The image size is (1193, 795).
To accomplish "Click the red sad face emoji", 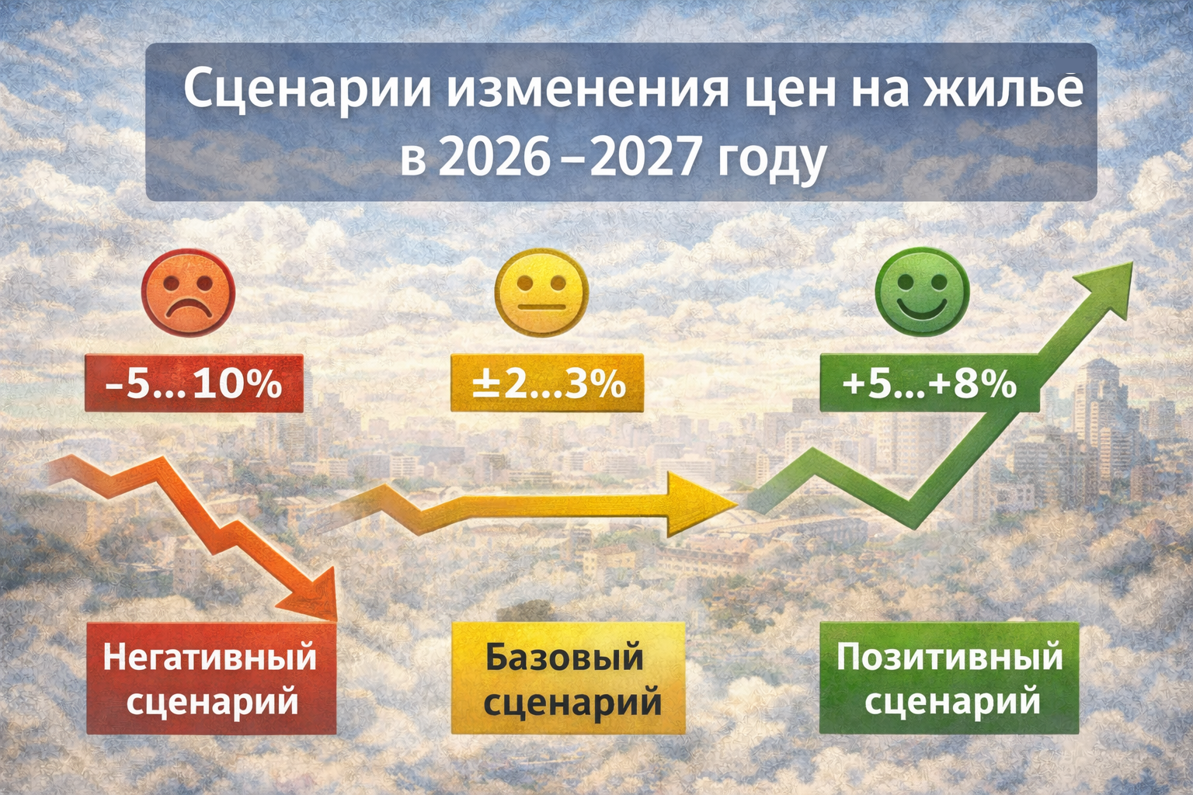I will pyautogui.click(x=187, y=293).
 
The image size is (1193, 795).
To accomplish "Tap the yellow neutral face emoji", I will pyautogui.click(x=541, y=297).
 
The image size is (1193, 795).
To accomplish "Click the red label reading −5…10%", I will pyautogui.click(x=193, y=384).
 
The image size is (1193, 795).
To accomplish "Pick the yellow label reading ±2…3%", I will pyautogui.click(x=548, y=383).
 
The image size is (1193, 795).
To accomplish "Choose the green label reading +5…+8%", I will pyautogui.click(x=929, y=384).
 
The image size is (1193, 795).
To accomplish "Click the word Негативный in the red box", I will pyautogui.click(x=210, y=657).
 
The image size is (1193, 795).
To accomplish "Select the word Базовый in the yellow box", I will pyautogui.click(x=565, y=657).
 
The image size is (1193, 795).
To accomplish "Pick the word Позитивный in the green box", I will pyautogui.click(x=949, y=657).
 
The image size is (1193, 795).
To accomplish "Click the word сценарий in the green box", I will pyautogui.click(x=952, y=702).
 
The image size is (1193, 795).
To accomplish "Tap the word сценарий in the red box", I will pyautogui.click(x=212, y=702).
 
